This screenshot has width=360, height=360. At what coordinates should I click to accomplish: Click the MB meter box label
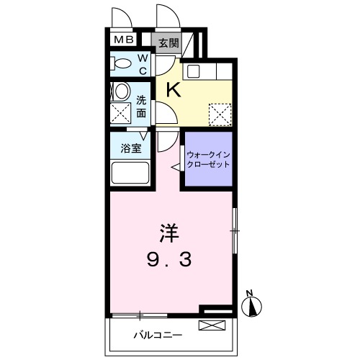[x=120, y=40]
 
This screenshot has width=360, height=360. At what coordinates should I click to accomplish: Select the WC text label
[x=142, y=63]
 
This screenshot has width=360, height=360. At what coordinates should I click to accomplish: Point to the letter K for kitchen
[x=174, y=89]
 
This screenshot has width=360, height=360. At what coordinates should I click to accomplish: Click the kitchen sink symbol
[x=193, y=71]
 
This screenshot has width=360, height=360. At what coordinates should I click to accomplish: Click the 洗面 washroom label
[x=142, y=107]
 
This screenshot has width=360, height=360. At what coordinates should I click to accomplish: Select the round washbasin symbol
[x=121, y=91]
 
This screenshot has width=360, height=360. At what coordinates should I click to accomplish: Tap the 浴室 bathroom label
[x=130, y=148]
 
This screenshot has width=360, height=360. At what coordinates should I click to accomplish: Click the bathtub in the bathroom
[x=130, y=174]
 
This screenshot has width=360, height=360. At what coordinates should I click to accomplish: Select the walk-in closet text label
[x=209, y=159]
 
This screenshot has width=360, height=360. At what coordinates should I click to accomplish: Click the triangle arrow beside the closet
[x=174, y=166]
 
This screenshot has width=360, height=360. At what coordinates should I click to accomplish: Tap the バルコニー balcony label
[x=158, y=335]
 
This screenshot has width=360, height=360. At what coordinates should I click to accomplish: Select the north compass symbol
[x=251, y=307]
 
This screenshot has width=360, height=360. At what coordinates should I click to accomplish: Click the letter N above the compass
[x=249, y=292]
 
